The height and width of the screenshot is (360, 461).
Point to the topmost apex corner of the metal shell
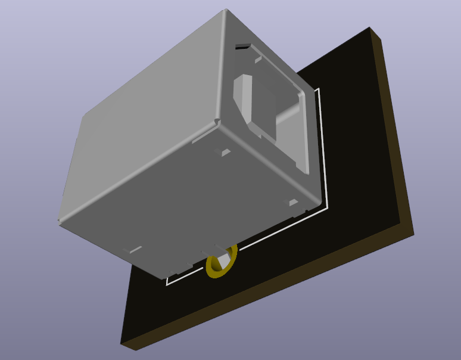(x=226, y=10)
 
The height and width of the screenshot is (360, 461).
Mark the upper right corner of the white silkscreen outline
(x=320, y=89)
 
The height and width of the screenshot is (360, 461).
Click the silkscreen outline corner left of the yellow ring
(x=167, y=284)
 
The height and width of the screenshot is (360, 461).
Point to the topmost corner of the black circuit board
(x=370, y=28)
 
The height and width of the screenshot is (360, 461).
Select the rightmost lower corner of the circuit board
(x=413, y=234)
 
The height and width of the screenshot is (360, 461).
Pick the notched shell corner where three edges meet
(x=216, y=122)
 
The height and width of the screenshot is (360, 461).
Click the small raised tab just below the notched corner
(x=225, y=153)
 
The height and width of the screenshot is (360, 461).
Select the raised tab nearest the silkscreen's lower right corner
(x=294, y=203)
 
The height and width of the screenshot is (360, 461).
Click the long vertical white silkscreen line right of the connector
(x=323, y=149)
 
